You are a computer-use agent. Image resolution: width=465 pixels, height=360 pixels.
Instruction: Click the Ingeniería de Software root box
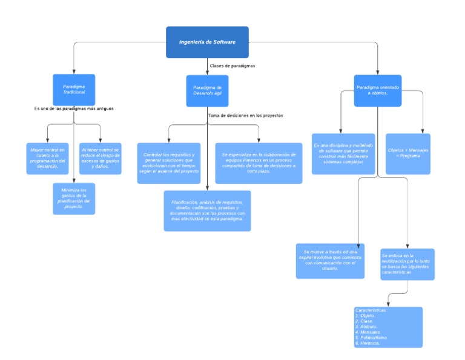coord(207,42)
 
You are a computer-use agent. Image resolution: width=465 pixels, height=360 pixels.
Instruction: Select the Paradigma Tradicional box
coord(74,90)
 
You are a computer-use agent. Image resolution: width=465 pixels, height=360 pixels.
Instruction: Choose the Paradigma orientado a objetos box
coord(377,90)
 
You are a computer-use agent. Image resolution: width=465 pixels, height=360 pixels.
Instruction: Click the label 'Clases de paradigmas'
coord(232,65)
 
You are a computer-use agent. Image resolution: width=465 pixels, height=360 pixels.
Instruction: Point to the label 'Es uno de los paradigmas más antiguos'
coord(74,108)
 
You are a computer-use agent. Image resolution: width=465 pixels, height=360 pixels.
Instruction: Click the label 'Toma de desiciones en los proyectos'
coord(245,115)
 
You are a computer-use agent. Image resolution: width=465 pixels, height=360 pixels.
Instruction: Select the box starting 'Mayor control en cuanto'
coord(47,159)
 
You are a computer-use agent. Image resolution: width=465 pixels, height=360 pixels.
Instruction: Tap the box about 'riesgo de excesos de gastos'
coord(101,159)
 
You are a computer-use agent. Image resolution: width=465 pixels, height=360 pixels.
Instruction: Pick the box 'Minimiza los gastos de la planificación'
coord(74,199)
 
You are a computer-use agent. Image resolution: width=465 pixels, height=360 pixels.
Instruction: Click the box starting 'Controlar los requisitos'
coord(169,163)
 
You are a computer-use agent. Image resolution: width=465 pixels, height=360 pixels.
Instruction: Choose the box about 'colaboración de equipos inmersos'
coord(259,163)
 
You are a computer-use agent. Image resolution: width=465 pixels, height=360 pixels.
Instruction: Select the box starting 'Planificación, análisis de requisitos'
coord(207,211)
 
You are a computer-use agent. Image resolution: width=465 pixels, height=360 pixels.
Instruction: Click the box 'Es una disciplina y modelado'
coord(343,154)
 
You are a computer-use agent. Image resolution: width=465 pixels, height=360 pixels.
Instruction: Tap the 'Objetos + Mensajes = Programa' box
coord(408,154)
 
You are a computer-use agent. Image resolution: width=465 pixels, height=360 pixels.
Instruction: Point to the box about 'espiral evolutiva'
coord(330,261)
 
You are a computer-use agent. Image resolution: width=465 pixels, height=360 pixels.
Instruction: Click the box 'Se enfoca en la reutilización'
coord(407,264)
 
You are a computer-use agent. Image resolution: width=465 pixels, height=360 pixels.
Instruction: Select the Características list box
coord(388,327)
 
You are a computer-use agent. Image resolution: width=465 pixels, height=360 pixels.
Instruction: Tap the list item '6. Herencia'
coord(368,343)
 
